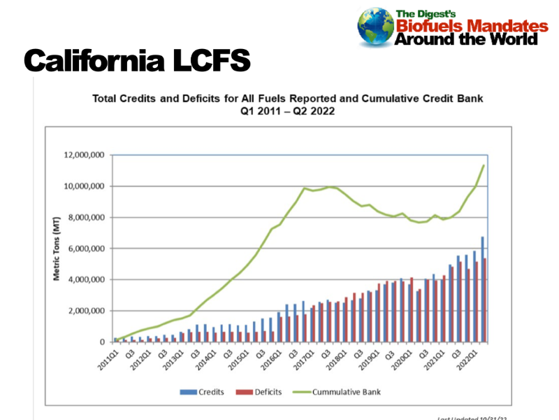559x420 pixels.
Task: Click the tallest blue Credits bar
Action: click(x=482, y=289)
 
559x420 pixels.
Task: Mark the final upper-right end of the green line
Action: click(x=484, y=165)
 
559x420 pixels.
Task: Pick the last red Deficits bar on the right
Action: click(x=485, y=300)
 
